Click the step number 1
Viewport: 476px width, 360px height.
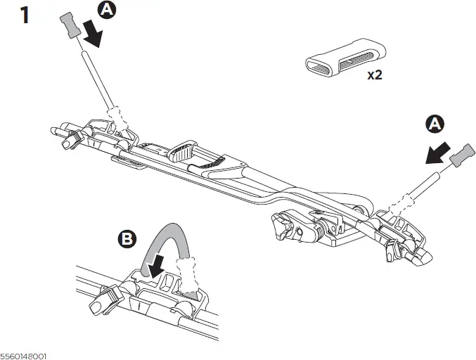[25, 15]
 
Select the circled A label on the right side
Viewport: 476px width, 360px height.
[435, 124]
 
